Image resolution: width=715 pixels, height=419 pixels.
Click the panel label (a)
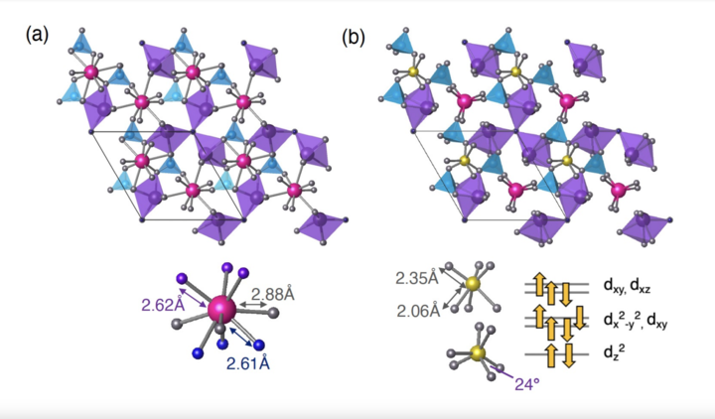pos(37,35)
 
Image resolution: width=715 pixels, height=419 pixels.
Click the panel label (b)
pos(354,38)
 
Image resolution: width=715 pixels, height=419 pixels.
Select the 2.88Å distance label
pos(273,294)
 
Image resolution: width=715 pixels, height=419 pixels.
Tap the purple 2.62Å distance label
pos(163,305)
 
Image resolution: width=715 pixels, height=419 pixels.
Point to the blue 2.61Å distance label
pos(248,363)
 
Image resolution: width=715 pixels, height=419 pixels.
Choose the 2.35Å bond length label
pos(417,278)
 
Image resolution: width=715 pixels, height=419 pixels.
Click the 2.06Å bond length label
pos(418,311)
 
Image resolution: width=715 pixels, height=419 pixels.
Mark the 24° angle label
pos(527,384)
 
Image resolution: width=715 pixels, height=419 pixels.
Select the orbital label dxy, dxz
pos(627,286)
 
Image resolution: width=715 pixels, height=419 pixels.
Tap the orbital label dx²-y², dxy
pos(636,321)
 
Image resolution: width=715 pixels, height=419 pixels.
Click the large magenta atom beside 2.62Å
pos(221,309)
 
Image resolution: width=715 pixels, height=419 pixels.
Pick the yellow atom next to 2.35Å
pos(473,284)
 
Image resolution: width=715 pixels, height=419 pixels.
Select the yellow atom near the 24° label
pos(478,353)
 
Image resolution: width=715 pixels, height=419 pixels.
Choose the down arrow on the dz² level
pos(567,355)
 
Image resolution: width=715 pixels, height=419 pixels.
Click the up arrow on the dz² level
pos(551,355)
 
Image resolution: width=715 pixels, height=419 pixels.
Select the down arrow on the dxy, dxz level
pos(566,294)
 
